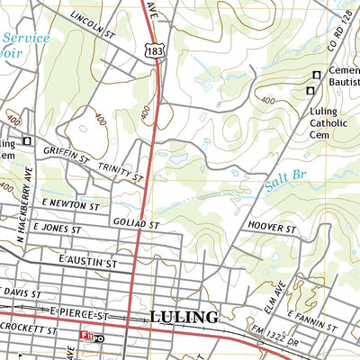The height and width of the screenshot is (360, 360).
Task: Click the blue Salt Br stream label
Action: click(285, 185)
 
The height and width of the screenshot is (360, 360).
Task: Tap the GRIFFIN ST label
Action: click(66, 157)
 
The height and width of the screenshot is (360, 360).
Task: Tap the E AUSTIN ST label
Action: click(85, 262)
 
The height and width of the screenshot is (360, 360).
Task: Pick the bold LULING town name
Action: click(184, 317)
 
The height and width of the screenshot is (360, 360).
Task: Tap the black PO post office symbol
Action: click(99, 338)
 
